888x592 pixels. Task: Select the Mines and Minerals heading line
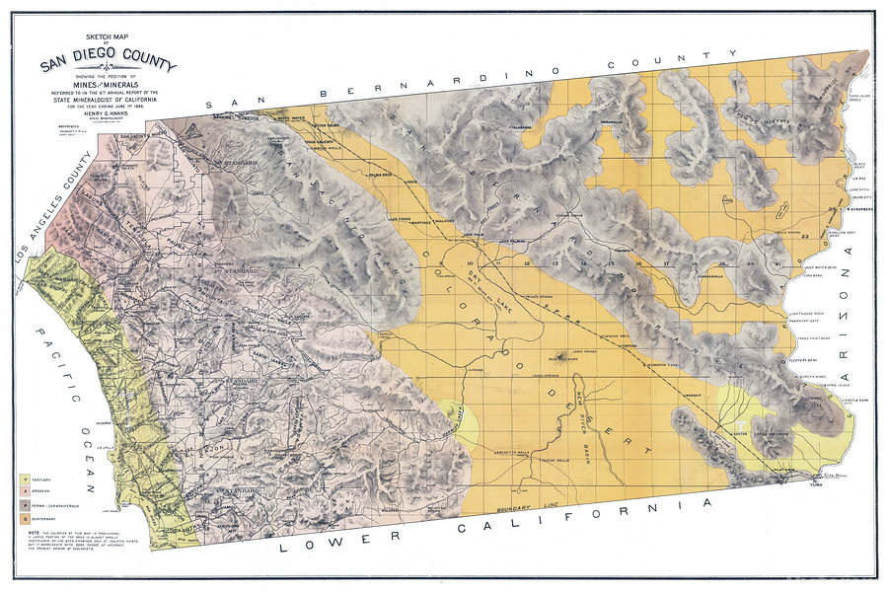pos(109,87)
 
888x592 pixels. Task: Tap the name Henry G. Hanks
pos(110,114)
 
